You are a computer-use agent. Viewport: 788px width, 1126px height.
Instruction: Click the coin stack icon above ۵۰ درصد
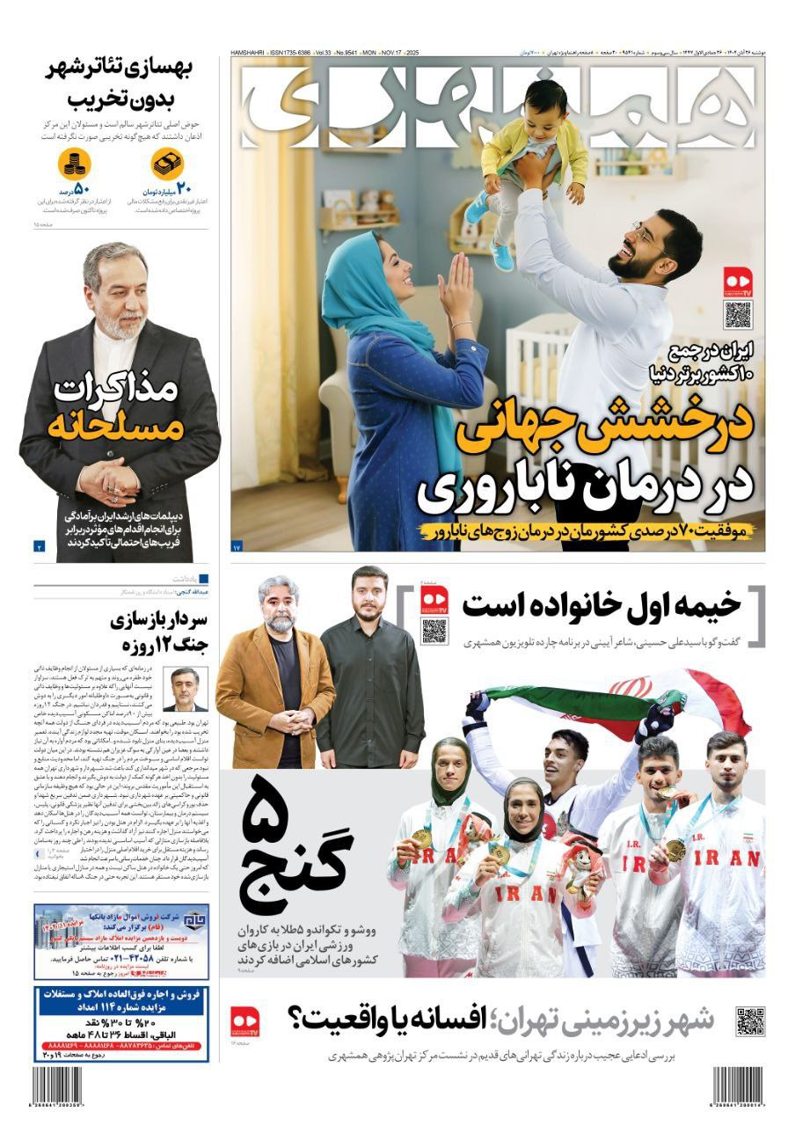(75, 164)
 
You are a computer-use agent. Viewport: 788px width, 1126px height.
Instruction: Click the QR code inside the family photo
(738, 314)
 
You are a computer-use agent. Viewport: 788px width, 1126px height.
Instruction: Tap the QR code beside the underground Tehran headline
(749, 1022)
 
